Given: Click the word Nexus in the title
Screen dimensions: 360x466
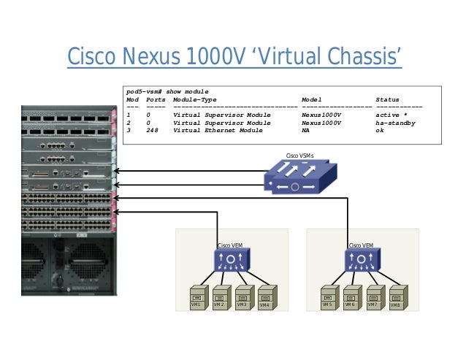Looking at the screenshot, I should coord(162,57).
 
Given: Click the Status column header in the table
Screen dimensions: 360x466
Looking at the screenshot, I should coord(387,99).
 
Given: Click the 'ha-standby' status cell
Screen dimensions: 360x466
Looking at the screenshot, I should coord(395,123).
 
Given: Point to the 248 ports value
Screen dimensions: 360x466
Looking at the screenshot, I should coord(152,131).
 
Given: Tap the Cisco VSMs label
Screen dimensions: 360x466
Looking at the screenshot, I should coord(299,156).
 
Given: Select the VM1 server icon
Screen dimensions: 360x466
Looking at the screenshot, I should coord(196,297).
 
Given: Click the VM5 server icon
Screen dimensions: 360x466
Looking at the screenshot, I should coord(328,297).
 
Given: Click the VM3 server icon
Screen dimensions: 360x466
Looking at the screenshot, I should coord(242,297).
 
